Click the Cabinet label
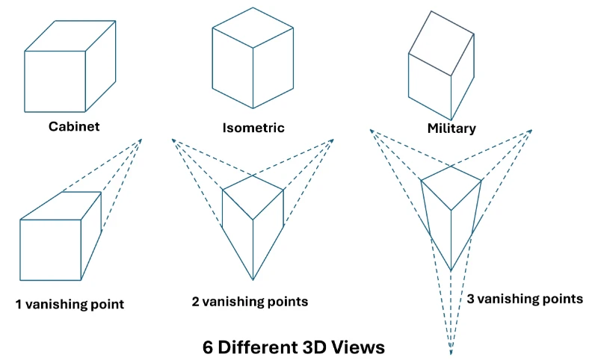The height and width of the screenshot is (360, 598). [x=74, y=126]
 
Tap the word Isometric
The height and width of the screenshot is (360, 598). [x=253, y=128]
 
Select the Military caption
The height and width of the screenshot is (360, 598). [x=451, y=128]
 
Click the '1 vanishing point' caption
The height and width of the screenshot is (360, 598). [x=70, y=304]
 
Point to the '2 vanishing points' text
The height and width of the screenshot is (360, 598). [x=250, y=302]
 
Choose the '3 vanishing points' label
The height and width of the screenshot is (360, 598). [x=525, y=299]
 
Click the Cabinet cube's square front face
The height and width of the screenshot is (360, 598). [x=55, y=81]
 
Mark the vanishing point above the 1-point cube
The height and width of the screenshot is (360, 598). [x=142, y=139]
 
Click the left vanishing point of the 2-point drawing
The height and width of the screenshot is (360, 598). [x=173, y=140]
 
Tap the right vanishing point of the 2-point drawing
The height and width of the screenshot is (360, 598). [x=333, y=140]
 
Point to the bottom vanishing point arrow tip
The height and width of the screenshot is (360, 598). [x=451, y=352]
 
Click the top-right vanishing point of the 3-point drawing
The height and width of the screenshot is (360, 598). [x=531, y=131]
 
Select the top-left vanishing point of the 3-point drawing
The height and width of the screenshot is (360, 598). [x=371, y=131]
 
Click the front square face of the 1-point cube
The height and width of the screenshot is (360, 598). [x=50, y=249]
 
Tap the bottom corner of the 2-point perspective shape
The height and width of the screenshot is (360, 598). [x=253, y=280]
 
